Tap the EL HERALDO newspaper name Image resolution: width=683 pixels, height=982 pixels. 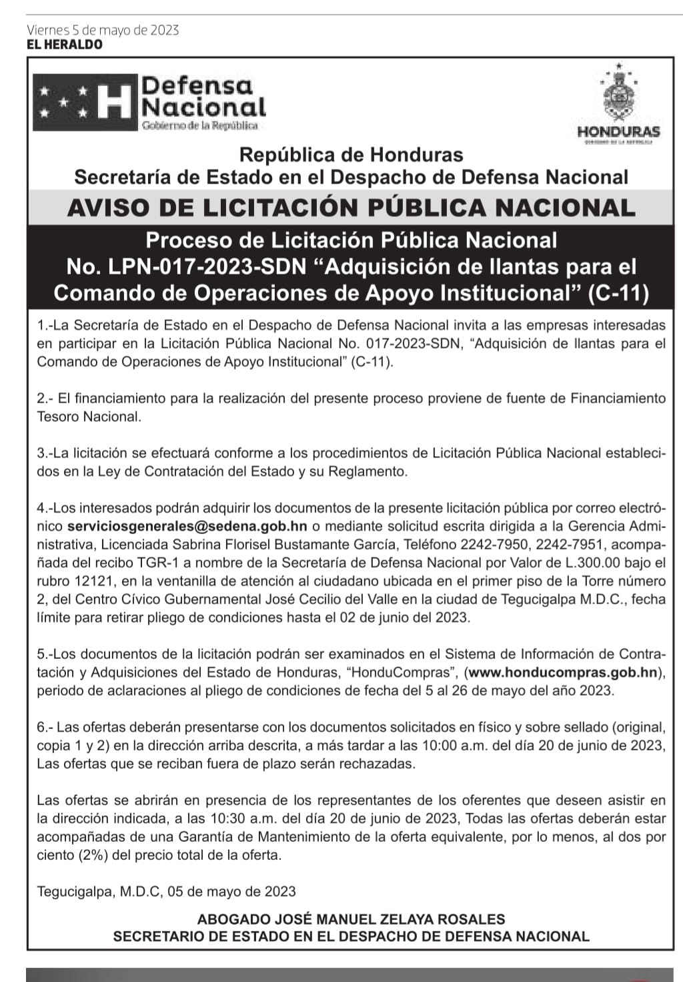click(x=64, y=45)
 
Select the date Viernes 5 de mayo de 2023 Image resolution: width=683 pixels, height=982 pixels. click(x=103, y=30)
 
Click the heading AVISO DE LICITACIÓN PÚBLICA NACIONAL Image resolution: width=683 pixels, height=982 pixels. click(x=352, y=208)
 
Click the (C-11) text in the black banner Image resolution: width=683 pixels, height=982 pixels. click(x=618, y=294)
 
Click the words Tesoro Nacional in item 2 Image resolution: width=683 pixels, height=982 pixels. click(x=89, y=417)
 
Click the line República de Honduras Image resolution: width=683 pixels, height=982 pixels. click(x=351, y=155)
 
